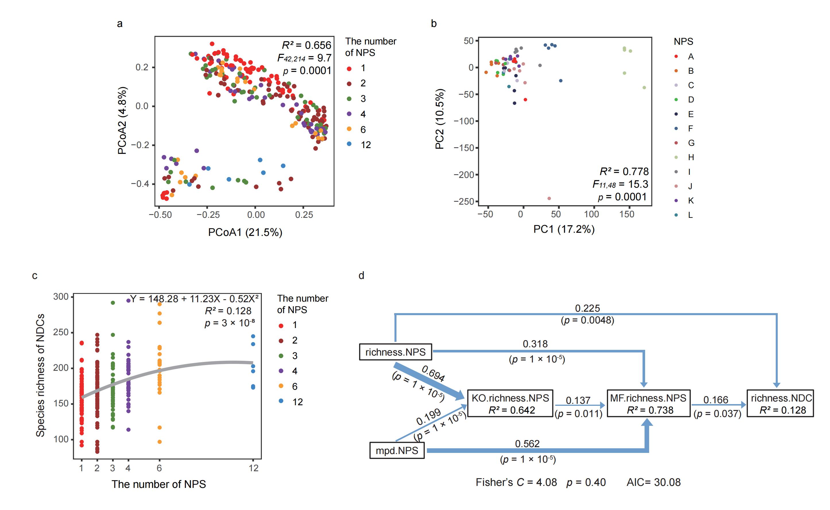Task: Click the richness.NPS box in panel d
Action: [x=395, y=352]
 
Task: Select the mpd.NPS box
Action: [x=397, y=451]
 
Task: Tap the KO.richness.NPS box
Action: [x=510, y=404]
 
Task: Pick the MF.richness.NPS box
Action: [x=648, y=404]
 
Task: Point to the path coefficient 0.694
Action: [x=433, y=373]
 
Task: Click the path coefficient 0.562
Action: [x=527, y=443]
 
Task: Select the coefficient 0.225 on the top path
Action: [x=587, y=308]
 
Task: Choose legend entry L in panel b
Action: [x=690, y=215]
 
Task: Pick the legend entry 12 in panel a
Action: [x=365, y=145]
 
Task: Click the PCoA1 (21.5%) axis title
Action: [x=245, y=232]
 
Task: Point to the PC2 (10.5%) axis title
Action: [x=440, y=119]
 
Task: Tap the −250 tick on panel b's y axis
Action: [x=464, y=201]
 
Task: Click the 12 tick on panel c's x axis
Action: [x=254, y=468]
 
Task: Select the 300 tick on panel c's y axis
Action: [x=61, y=296]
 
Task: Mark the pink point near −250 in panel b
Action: [x=549, y=198]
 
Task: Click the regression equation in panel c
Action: [x=194, y=299]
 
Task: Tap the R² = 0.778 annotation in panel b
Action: [x=624, y=171]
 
